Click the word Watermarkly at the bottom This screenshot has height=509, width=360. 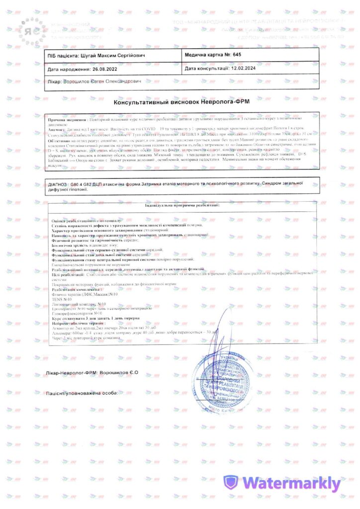point(291,483)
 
